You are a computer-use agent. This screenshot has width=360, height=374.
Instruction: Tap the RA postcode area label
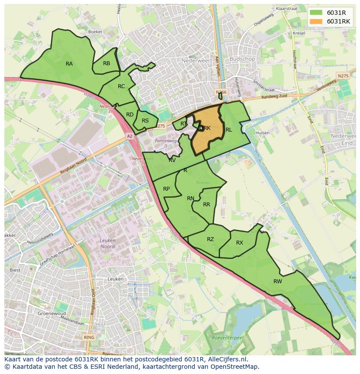69,64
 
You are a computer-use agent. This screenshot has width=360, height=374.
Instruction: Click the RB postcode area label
107,63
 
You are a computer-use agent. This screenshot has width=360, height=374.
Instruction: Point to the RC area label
121,86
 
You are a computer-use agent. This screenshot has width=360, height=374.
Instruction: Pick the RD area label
130,115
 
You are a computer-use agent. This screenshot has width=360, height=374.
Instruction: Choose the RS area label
145,121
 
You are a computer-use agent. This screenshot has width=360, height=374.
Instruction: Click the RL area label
229,130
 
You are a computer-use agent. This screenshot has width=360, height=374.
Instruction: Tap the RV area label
172,160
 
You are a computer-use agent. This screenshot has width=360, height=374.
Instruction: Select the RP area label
166,189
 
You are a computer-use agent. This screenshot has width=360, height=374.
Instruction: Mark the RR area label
207,205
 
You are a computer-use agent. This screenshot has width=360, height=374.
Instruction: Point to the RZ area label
210,239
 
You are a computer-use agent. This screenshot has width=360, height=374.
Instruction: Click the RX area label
240,243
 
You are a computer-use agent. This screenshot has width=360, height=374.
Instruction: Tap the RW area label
278,281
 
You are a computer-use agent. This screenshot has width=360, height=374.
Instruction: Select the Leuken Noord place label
107,243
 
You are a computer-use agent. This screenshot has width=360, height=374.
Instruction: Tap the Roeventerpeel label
226,338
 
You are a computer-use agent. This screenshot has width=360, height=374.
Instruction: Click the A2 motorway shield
129,136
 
